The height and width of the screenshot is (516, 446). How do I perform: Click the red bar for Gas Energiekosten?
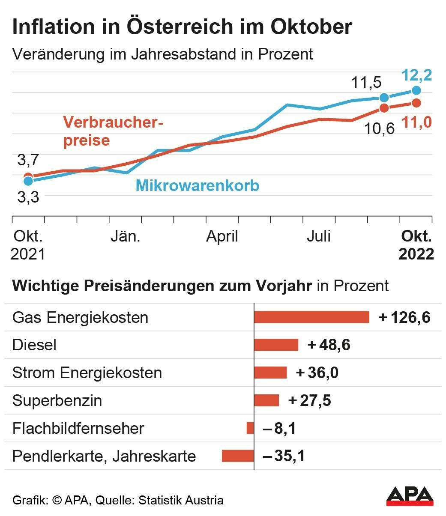click(x=311, y=317)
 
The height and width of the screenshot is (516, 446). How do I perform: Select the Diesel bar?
click(x=276, y=345)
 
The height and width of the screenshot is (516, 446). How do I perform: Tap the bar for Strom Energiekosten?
click(x=270, y=373)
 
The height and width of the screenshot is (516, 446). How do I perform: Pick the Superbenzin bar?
click(x=266, y=400)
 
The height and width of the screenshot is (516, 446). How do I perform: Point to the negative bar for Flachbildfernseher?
click(x=250, y=428)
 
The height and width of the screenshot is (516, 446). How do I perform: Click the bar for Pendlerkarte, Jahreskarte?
click(x=238, y=456)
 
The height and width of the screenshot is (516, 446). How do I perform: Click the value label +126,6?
click(x=404, y=317)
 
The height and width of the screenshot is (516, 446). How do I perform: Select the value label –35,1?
click(x=284, y=456)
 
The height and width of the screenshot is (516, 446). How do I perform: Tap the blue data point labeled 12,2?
click(x=416, y=90)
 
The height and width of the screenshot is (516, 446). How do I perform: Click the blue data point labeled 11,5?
click(x=384, y=98)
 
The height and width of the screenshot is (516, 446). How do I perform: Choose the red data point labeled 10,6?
click(x=384, y=108)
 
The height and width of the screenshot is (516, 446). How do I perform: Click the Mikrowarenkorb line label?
click(x=198, y=186)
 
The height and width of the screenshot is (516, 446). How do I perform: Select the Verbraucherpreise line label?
click(x=113, y=131)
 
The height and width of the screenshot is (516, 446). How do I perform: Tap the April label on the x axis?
click(x=222, y=236)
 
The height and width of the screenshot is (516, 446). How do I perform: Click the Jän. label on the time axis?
click(x=125, y=236)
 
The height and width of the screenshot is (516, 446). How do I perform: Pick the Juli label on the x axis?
click(x=319, y=236)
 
